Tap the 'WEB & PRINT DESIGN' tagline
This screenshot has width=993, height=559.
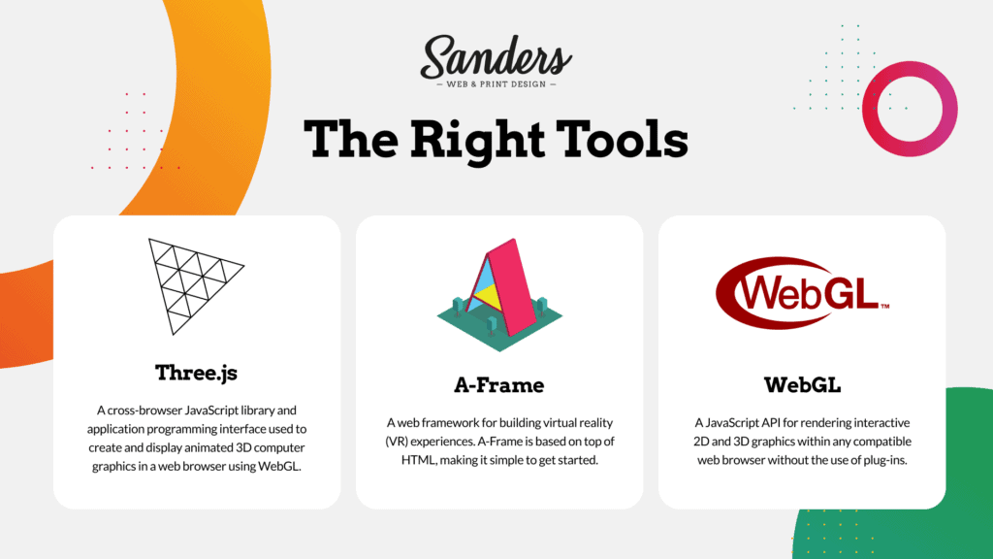496,84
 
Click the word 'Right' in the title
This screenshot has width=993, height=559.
477,141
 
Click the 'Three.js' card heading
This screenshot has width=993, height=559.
196,373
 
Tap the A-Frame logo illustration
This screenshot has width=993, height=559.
499,295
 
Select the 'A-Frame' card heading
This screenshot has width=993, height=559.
499,384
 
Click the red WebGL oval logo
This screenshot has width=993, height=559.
802,293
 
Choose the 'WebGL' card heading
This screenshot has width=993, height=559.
802,384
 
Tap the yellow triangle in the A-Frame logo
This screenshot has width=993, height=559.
489,295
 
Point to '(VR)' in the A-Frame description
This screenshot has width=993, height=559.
397,442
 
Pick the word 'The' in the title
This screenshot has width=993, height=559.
351,140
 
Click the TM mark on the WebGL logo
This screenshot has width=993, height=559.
884,306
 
